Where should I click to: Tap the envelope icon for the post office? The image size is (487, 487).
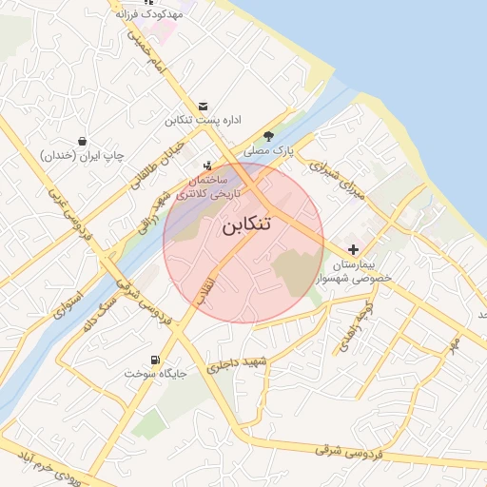click(203, 107)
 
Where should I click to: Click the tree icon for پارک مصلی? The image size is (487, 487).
click(268, 135)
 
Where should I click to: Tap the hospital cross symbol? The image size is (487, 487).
click(353, 248)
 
